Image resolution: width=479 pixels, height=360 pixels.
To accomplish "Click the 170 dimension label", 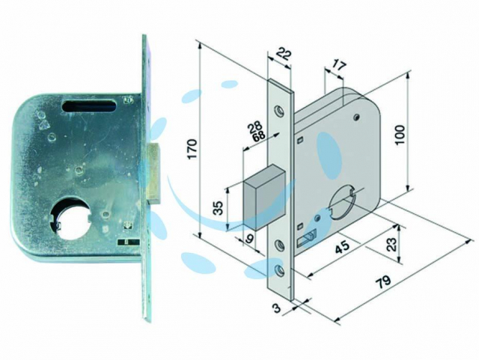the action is tap(192, 149).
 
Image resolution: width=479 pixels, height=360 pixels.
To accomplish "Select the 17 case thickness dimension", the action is tap(339, 67).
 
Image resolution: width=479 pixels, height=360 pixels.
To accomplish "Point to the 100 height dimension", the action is tap(400, 135).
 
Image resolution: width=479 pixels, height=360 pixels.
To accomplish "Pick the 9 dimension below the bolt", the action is tap(249, 238).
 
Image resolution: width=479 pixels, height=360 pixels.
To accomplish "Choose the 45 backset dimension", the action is tap(343, 246).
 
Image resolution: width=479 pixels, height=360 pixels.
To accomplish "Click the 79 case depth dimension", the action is tap(382, 281).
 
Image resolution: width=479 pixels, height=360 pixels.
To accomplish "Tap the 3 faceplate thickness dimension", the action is tap(276, 308).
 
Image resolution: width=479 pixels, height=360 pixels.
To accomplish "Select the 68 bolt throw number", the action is tap(259, 136).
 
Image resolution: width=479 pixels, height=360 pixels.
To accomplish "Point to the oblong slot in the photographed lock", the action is tap(89, 107).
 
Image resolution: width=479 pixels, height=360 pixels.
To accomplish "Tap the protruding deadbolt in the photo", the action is tap(153, 174).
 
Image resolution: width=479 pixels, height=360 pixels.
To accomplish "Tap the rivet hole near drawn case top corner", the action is tap(356, 117).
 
